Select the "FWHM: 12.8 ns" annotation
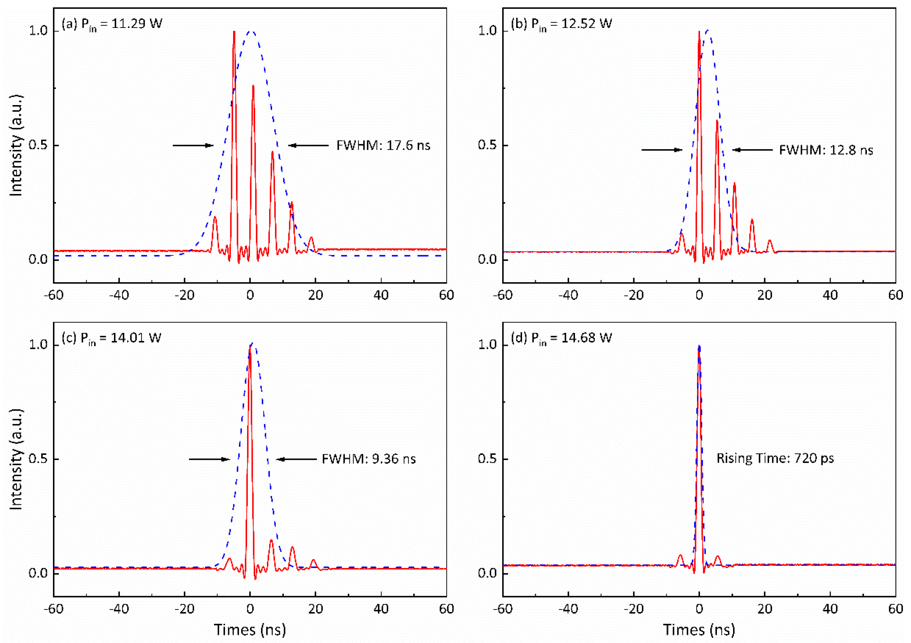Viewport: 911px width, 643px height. [826, 150]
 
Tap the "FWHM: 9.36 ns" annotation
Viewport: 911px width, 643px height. [369, 459]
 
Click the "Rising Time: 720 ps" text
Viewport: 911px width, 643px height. [775, 458]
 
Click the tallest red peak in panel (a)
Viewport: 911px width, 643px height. [234, 33]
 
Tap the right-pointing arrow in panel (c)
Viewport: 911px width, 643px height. [209, 459]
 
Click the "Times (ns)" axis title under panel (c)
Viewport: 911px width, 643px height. [250, 630]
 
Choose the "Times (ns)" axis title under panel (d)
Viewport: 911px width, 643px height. [699, 630]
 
